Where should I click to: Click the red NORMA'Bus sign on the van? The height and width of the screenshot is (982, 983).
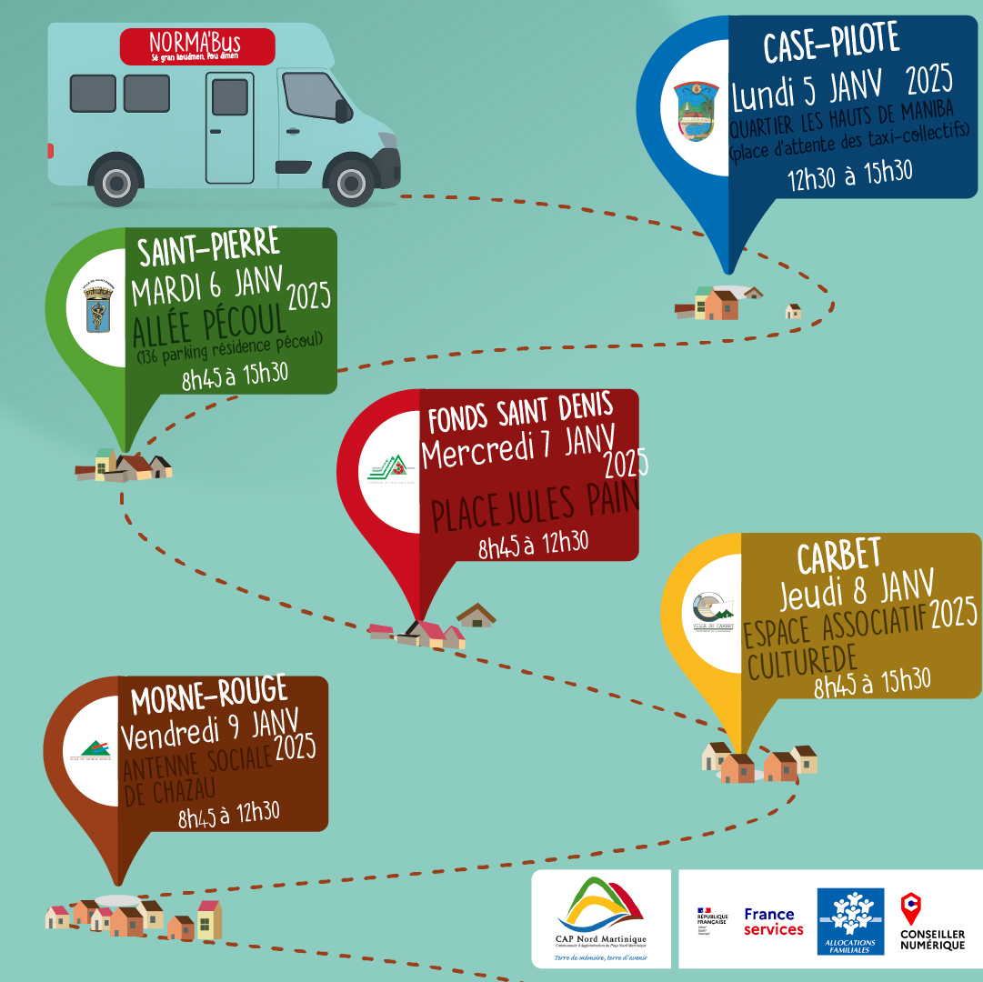197,46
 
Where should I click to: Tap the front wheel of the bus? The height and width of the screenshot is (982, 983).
352,182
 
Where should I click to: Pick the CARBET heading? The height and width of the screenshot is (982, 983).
838,554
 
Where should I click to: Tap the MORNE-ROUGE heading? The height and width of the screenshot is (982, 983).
209,697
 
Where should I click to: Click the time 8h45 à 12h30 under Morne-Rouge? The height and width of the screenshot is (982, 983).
228,815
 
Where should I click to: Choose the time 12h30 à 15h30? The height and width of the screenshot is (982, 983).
849,174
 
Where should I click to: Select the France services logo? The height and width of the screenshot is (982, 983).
773,921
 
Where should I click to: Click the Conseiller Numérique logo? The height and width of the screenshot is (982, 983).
932,920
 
